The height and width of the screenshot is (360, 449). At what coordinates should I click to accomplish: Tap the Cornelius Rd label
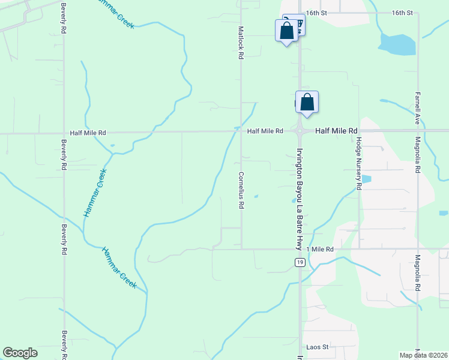[x=241, y=190]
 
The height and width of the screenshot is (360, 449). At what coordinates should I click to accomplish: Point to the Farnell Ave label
[x=417, y=108]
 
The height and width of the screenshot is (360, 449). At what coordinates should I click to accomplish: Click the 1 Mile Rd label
[x=319, y=248]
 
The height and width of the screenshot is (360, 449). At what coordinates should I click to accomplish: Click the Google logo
[x=20, y=353]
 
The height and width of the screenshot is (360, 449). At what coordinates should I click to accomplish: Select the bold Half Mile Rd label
[x=336, y=130]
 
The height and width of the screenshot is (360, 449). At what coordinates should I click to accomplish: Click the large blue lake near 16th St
[x=397, y=43]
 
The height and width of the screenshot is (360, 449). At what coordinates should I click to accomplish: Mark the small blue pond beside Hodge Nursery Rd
[x=366, y=179]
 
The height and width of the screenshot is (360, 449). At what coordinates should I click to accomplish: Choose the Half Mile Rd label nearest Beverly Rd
[x=88, y=133]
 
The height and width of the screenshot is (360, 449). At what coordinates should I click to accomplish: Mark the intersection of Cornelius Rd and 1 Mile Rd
[x=242, y=248]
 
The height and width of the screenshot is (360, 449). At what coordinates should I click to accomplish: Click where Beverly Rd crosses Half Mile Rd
[x=64, y=133]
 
